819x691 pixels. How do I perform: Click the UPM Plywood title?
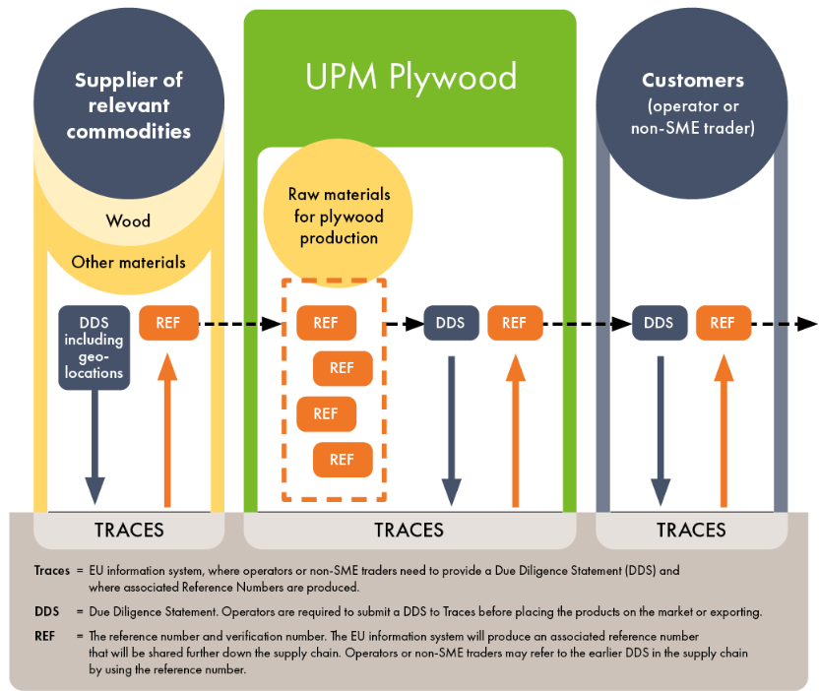point(410,77)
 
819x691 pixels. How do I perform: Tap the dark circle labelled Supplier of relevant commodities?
point(129,103)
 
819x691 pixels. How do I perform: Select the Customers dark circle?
point(692,103)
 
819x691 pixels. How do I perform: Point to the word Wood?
point(128,220)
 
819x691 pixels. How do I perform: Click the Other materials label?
point(128,262)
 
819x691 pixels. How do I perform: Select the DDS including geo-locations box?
point(94,347)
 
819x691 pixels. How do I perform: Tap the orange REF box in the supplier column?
point(168,323)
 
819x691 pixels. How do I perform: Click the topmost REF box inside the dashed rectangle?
point(326,323)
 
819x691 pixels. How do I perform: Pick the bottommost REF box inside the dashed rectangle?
point(342,460)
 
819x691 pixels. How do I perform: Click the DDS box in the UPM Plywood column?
point(451,323)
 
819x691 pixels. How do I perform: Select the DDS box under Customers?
point(659,323)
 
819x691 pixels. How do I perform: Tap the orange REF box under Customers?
point(723,323)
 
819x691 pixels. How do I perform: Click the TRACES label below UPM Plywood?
point(409,531)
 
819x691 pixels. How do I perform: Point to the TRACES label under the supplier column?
point(129,531)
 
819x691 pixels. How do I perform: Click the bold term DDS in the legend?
point(46,611)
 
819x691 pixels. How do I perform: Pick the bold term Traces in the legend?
point(51,570)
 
